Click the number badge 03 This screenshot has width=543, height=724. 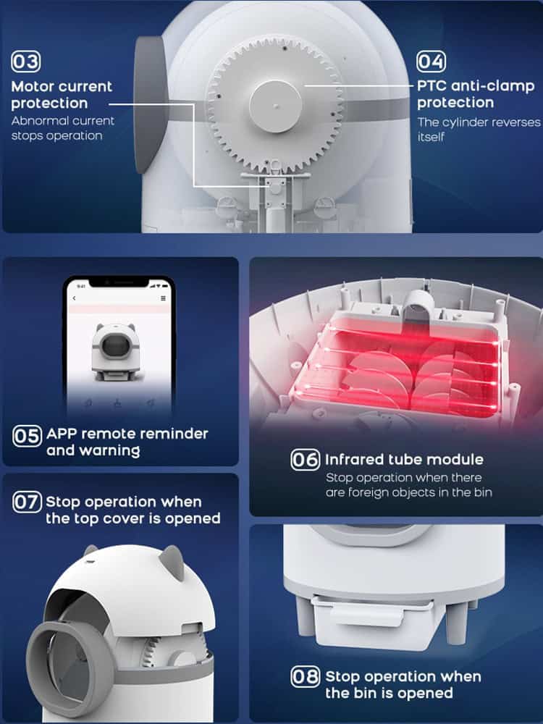click(x=26, y=62)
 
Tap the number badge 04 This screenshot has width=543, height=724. click(x=432, y=62)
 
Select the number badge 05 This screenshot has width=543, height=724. click(x=28, y=436)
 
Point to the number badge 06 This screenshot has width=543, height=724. click(x=306, y=460)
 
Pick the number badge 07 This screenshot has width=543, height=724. click(x=28, y=502)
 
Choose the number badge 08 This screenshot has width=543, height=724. click(x=306, y=676)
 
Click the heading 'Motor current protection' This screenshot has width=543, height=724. click(x=62, y=95)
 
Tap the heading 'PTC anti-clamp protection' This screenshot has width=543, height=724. click(x=476, y=94)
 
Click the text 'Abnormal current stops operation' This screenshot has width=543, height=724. click(x=63, y=128)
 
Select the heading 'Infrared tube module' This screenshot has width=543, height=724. click(x=405, y=460)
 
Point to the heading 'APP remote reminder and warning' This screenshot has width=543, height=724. click(x=127, y=442)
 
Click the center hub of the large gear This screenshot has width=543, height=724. click(x=276, y=106)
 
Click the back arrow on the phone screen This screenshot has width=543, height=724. click(x=75, y=298)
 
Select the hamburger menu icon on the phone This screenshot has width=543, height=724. click(x=163, y=298)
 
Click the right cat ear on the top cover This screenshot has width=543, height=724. click(x=172, y=561)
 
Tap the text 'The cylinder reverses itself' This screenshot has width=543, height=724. click(x=479, y=130)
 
